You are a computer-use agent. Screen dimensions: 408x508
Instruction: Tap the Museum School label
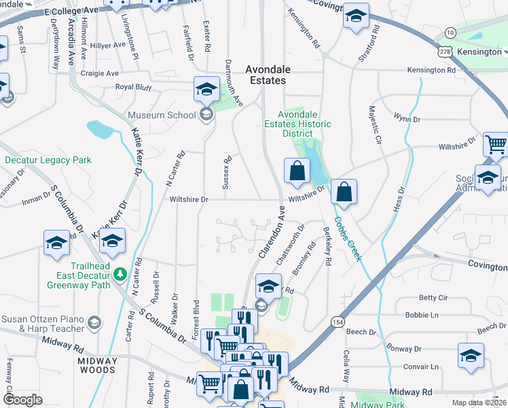click(162, 115)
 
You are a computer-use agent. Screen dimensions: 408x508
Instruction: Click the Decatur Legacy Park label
click(48, 160)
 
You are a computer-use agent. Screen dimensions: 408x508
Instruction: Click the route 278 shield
click(446, 51)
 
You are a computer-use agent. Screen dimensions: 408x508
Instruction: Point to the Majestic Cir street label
click(374, 124)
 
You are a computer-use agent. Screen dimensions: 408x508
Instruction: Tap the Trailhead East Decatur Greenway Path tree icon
click(120, 273)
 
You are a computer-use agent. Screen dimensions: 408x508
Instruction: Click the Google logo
click(23, 400)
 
